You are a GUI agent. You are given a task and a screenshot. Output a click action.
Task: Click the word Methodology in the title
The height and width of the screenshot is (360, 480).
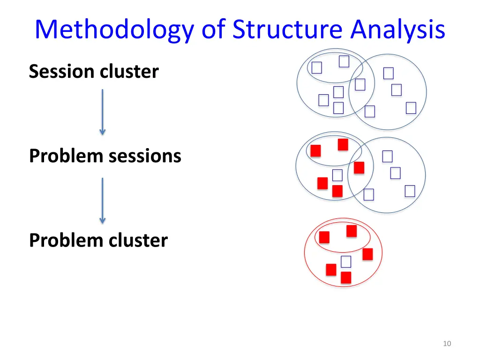(114, 30)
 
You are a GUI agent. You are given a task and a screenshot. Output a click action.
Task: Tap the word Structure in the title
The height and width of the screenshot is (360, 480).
(287, 30)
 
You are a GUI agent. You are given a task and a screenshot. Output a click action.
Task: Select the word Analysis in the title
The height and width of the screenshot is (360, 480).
(397, 30)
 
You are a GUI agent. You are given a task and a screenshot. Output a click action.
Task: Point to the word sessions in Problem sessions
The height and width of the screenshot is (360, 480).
(145, 156)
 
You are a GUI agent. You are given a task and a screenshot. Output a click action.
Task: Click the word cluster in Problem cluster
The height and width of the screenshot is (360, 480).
(138, 240)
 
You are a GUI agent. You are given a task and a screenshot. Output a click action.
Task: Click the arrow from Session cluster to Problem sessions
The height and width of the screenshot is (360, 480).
(103, 112)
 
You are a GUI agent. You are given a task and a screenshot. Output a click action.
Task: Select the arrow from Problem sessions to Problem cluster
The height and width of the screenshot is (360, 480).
(103, 201)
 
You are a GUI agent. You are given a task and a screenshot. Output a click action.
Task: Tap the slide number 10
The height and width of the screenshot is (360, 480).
(447, 344)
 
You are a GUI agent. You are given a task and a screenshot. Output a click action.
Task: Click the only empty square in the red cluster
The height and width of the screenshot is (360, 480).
(346, 262)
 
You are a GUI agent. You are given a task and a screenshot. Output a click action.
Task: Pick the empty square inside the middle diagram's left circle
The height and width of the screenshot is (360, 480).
(337, 175)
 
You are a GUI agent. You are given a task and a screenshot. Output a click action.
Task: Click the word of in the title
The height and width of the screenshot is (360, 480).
(213, 30)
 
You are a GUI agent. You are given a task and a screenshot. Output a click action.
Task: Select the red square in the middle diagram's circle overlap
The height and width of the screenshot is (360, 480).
(359, 168)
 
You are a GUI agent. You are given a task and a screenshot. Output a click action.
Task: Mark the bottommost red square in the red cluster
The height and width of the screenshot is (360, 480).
(346, 277)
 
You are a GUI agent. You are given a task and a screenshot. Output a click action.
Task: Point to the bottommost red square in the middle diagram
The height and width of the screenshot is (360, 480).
(337, 191)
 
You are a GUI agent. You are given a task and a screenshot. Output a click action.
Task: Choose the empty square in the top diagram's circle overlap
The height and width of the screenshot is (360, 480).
(360, 84)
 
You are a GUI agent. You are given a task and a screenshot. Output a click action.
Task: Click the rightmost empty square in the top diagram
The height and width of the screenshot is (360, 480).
(411, 108)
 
